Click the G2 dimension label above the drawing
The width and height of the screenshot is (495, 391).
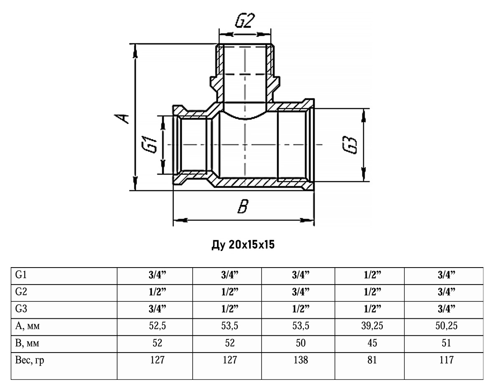coord(245,21)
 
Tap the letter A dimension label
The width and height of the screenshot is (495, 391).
coord(122,118)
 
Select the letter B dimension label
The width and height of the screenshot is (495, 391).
coord(243,206)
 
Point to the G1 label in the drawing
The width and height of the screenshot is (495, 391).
coord(149,145)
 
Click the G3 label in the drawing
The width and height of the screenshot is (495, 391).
coord(349,145)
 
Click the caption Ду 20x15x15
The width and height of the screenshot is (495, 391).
coord(243,245)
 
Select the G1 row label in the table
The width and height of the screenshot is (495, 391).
coord(21,275)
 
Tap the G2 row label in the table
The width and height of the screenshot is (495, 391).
coord(21,291)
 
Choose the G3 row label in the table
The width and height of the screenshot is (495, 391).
coord(21,308)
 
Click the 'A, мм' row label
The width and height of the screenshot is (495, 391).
coord(27,326)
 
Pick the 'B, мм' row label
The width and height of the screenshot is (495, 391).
coord(27,343)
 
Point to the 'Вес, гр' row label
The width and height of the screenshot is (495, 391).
coord(29,360)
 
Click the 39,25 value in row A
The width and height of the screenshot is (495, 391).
coord(372,326)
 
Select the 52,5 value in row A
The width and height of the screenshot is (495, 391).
coord(157,326)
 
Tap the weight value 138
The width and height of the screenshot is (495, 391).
coord(301,360)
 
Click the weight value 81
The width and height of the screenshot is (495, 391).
coord(372,360)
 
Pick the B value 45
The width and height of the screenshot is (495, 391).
coord(372,343)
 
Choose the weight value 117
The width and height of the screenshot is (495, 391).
coord(446,360)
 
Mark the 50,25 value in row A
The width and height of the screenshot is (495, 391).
coord(446,326)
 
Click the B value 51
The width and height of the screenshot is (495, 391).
coord(446,343)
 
